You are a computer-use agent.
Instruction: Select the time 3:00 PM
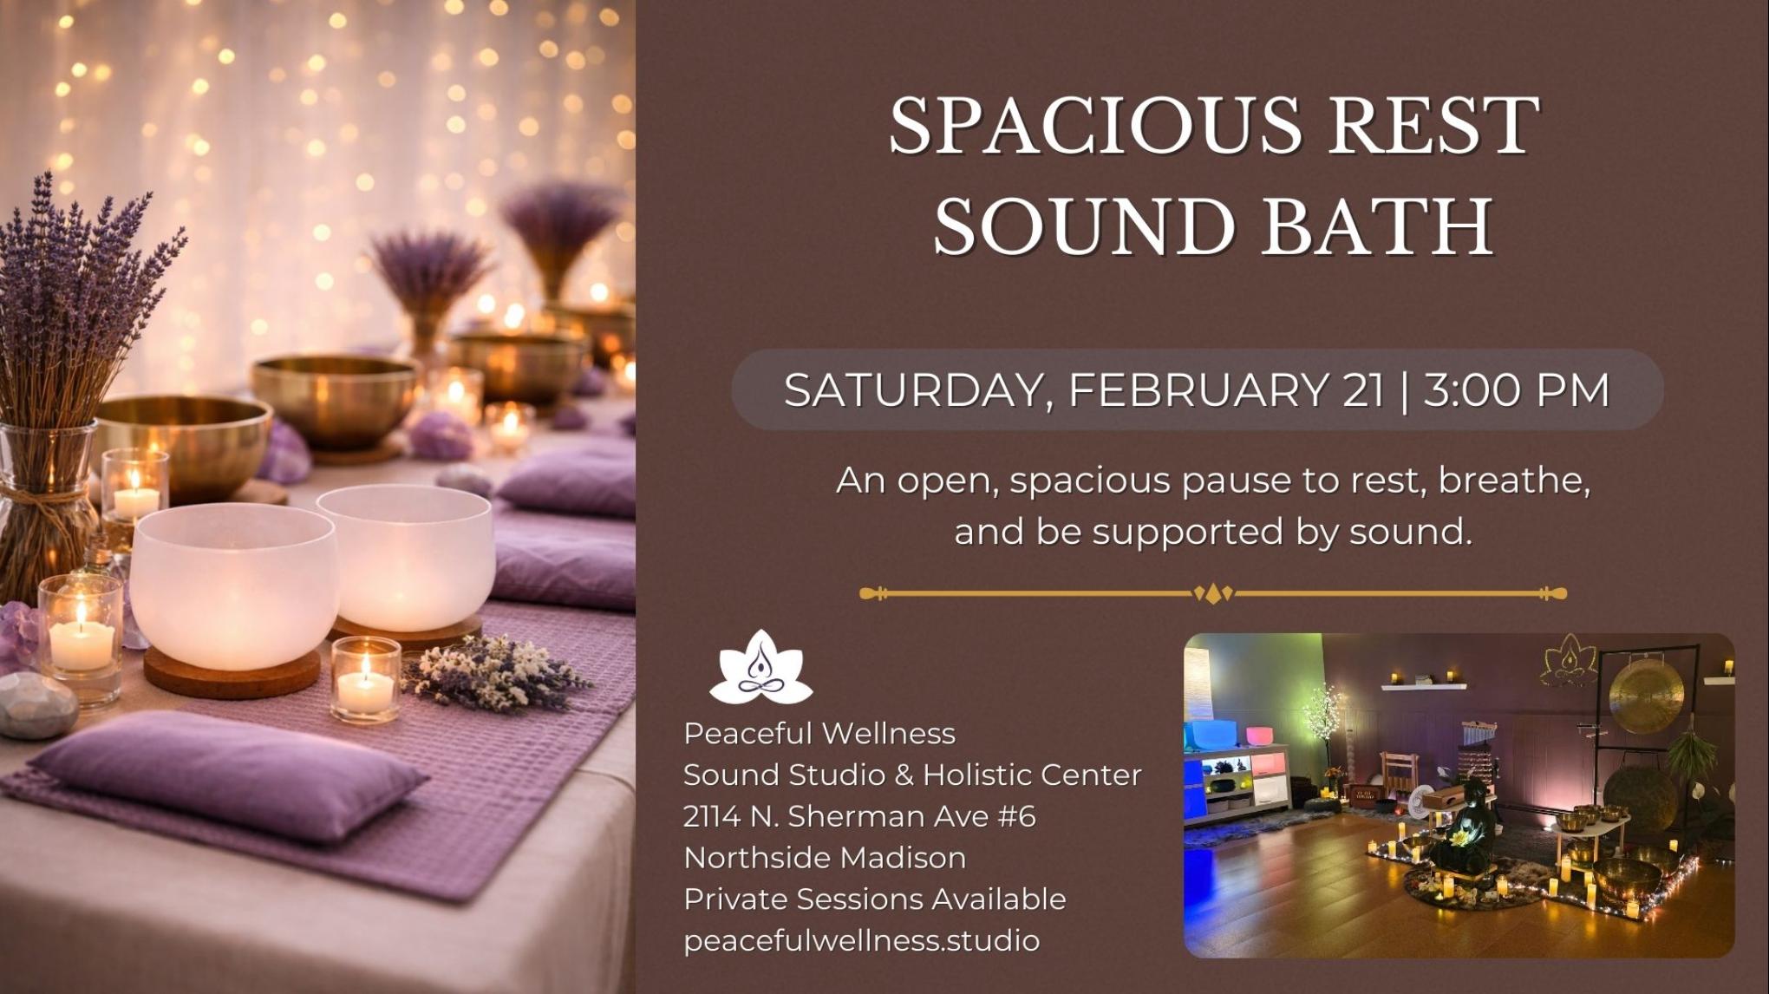click(x=1516, y=389)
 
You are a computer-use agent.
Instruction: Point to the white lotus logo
click(x=760, y=668)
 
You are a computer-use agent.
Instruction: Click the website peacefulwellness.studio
click(x=861, y=940)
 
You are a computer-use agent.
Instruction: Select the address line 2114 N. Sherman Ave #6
click(x=859, y=816)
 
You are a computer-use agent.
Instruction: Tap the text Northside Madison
click(x=825, y=858)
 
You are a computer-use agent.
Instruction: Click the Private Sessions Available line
click(x=874, y=899)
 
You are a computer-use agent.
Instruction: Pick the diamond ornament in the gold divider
click(x=1213, y=594)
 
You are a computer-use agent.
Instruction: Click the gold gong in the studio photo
click(x=1646, y=695)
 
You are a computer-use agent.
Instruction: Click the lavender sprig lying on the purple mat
click(x=494, y=671)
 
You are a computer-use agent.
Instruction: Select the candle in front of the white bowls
click(x=365, y=681)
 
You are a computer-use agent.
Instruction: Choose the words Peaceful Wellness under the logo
click(x=819, y=734)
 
